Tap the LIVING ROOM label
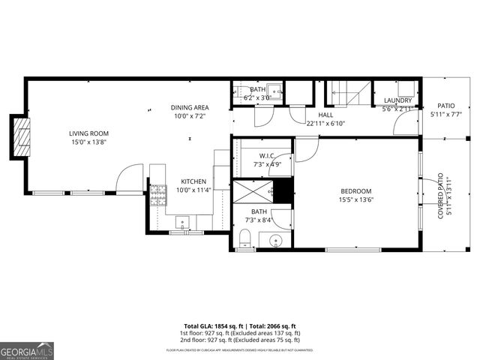89,133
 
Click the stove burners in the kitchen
157,196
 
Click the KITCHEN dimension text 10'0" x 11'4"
193,190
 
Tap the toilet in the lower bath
244,239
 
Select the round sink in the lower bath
276,241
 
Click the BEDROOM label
356,190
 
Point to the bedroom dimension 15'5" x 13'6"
356,199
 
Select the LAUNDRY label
397,100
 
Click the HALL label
325,115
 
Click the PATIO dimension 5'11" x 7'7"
446,115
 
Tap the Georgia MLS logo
27,351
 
